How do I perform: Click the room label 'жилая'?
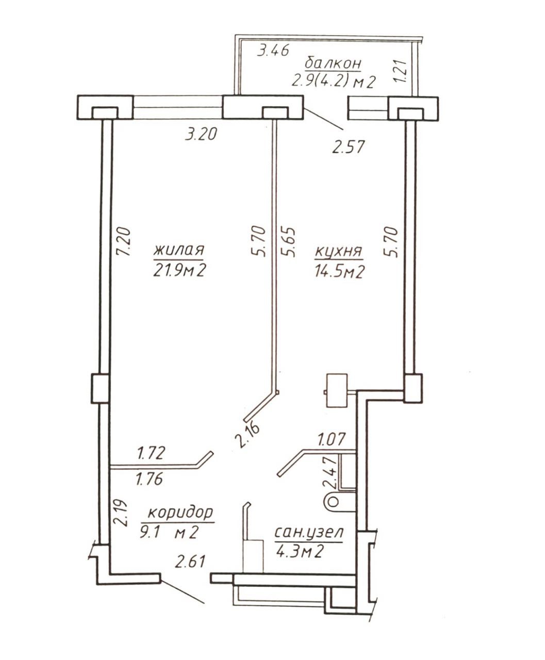click(179, 250)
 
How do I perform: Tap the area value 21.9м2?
click(179, 270)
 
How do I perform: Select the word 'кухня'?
click(339, 252)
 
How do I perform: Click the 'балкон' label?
click(333, 63)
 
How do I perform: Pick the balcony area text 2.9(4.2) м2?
click(334, 82)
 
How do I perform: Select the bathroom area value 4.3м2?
click(300, 552)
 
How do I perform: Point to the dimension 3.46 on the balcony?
click(273, 51)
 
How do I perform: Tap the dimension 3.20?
click(202, 134)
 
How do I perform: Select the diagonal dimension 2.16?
click(247, 435)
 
